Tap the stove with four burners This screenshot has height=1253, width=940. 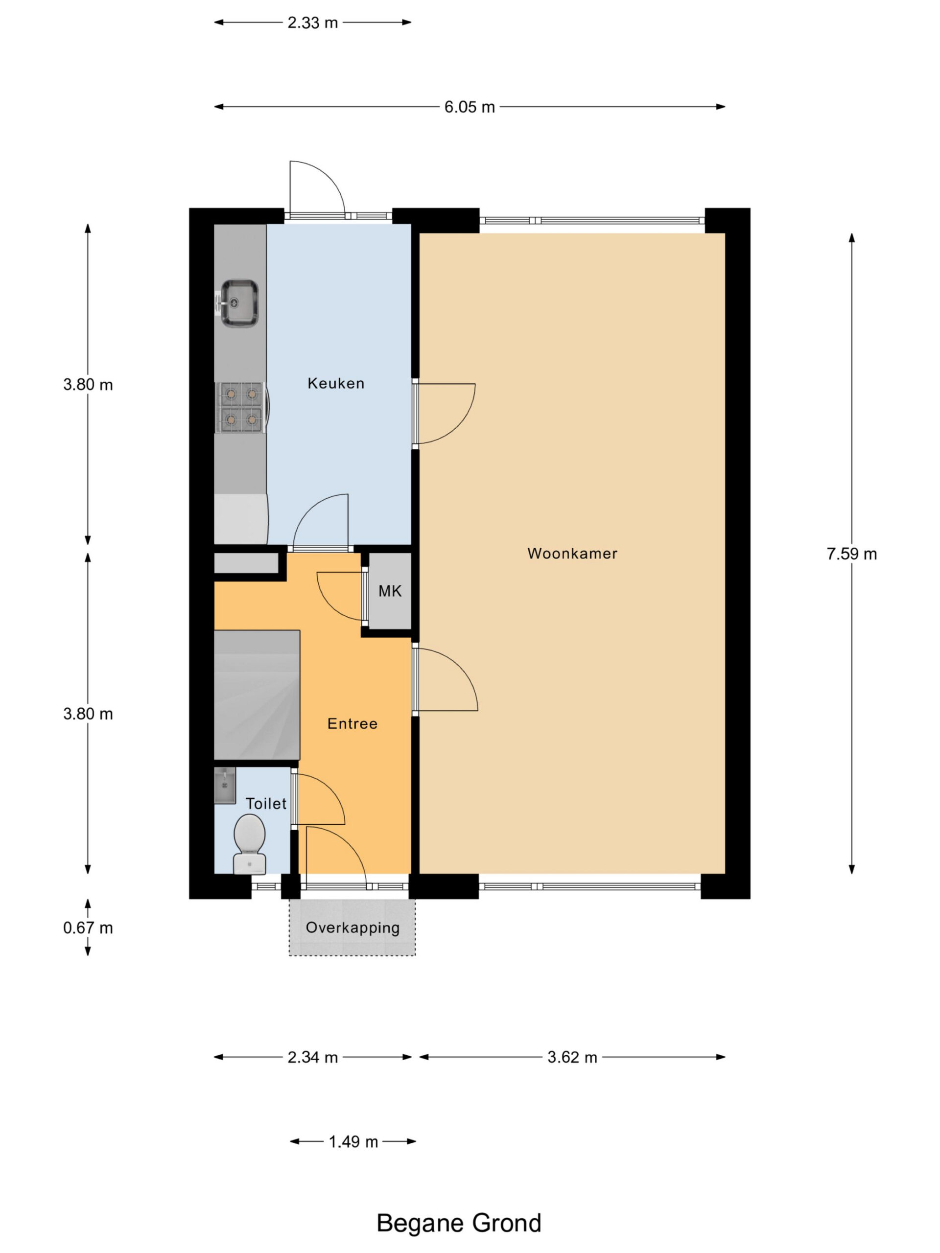[241, 407]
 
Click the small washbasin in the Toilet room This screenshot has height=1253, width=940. [225, 785]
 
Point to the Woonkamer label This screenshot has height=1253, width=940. [572, 554]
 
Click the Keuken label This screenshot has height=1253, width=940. [335, 384]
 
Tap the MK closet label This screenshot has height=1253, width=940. [390, 591]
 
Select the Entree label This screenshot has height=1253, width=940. [352, 723]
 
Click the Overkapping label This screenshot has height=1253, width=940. [352, 928]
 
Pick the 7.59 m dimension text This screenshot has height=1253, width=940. [851, 554]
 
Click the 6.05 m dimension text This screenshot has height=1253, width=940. [469, 107]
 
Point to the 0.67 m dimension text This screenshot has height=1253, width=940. [88, 928]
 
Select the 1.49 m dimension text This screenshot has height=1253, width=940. [353, 1141]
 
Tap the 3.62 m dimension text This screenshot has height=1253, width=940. [572, 1057]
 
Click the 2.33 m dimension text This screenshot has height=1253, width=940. [312, 23]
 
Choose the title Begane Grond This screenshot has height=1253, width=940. [459, 1223]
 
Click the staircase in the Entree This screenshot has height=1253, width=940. [257, 695]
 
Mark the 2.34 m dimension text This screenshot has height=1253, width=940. [313, 1057]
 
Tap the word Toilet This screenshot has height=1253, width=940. [266, 803]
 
